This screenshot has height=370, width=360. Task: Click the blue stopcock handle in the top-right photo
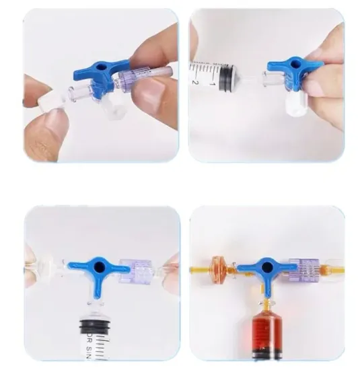293,67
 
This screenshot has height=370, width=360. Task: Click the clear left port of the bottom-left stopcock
57,269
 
